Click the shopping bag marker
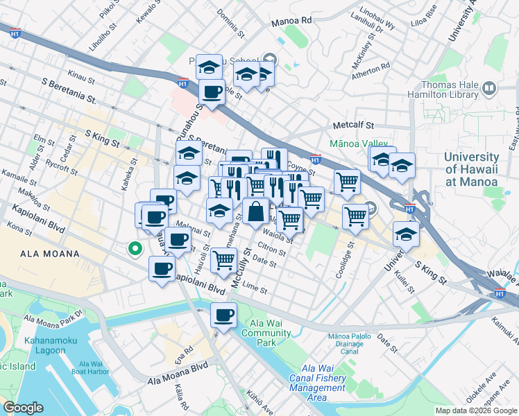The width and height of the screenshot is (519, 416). (x=256, y=211)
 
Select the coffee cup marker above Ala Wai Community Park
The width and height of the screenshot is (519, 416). (x=223, y=316)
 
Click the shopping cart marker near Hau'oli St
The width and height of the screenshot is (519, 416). (x=223, y=261)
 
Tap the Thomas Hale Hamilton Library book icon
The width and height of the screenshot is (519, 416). (x=489, y=89)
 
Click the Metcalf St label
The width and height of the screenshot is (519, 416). (x=353, y=125)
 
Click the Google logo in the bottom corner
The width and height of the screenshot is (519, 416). (x=23, y=407)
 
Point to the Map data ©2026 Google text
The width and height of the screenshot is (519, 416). (x=477, y=410)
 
